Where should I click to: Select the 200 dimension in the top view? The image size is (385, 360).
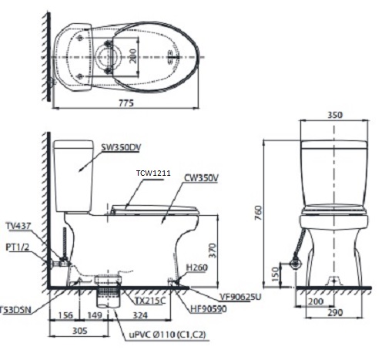[134, 56]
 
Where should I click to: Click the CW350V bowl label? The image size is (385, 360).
[202, 177]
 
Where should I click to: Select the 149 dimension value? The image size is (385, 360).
[95, 315]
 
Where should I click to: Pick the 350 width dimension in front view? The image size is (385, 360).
[332, 113]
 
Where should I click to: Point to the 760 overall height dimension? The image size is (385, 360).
[259, 211]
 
